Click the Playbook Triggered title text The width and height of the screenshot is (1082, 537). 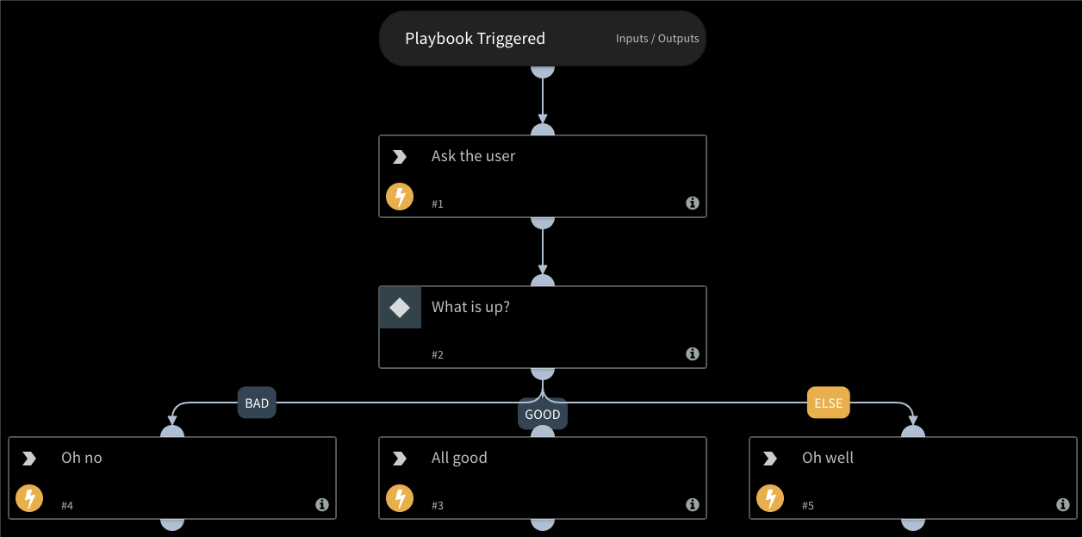pos(475,39)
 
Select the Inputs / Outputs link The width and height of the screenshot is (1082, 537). pos(657,39)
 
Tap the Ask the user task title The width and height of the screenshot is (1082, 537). pos(473,156)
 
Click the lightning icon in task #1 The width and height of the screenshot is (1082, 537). pos(400,197)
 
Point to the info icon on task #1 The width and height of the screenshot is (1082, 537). pos(692,203)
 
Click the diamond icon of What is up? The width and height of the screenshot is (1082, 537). pos(400,308)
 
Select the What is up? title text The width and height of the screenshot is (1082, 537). pos(470,307)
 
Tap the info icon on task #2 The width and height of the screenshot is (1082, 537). pos(692,354)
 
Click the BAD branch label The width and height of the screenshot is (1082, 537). pos(257,403)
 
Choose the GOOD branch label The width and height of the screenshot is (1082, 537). pos(543,415)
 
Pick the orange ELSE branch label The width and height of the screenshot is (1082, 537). pos(829,403)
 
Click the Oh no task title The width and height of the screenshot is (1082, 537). pos(82,458)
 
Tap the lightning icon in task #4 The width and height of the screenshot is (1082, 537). pos(29,499)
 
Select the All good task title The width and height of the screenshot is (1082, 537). pos(459,458)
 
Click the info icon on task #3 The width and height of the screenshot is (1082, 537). pos(692,505)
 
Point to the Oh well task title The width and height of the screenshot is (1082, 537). pos(828,458)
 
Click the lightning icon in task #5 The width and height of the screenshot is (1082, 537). pos(770,499)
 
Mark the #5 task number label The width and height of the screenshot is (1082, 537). pos(807,506)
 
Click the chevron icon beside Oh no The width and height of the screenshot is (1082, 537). pos(29,459)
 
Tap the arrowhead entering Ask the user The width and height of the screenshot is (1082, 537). pos(543,121)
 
